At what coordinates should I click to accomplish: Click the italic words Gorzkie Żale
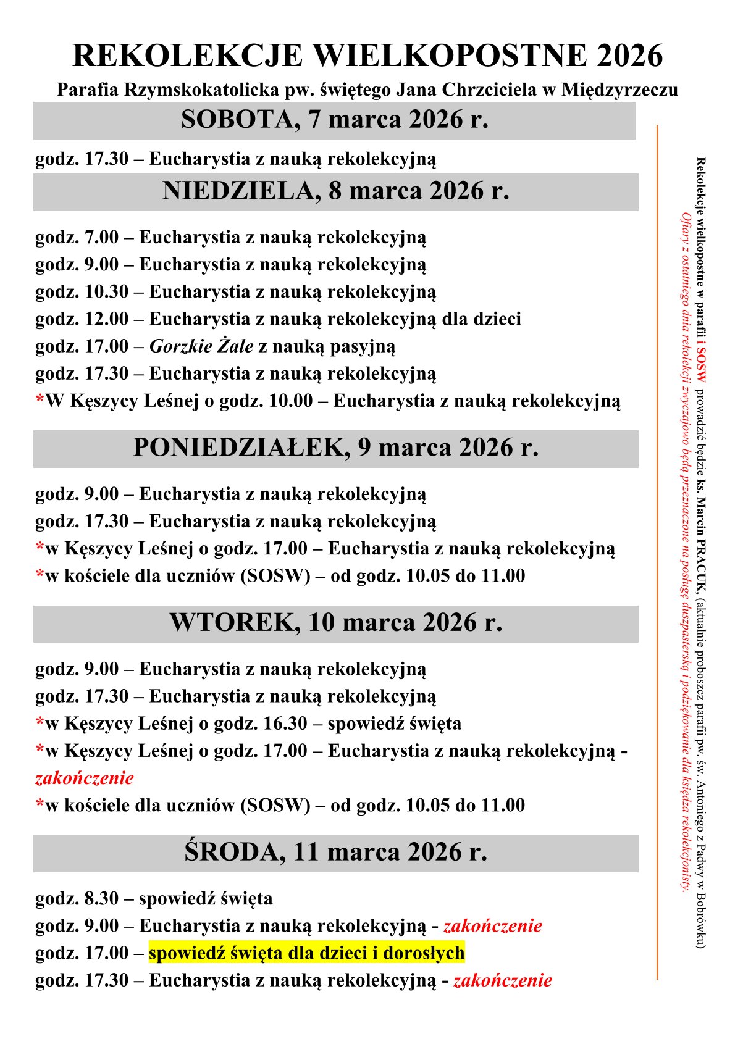coord(201,346)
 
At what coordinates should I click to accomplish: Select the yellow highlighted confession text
coord(306,953)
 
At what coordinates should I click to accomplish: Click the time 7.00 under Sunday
coord(101,237)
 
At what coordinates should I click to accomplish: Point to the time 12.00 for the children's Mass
coord(106,319)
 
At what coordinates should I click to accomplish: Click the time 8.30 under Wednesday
coord(101,898)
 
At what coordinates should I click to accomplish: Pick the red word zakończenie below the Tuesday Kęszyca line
coord(85,778)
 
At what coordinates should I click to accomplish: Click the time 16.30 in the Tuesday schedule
coord(285,724)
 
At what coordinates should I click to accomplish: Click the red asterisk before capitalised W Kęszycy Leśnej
coord(40,400)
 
